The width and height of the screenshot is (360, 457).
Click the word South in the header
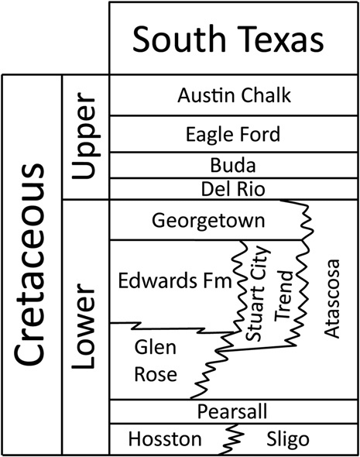coord(180,39)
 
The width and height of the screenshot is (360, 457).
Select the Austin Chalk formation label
coord(234,95)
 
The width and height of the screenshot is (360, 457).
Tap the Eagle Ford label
coord(233,134)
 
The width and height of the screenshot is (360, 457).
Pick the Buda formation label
coord(233,165)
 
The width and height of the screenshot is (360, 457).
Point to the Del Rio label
coord(233,189)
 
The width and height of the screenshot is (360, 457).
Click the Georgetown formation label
coord(208,221)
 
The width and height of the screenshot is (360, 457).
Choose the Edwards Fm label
coord(175,280)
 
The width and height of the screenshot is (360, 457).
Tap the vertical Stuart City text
coord(256,294)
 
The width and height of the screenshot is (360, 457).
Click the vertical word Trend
coord(283,296)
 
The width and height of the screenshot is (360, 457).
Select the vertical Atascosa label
coord(332,299)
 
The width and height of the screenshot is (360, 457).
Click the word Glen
coord(156,347)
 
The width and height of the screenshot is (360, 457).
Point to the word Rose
coord(156,374)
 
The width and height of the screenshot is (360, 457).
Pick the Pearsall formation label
coord(232,411)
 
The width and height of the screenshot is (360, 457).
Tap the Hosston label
coord(165,438)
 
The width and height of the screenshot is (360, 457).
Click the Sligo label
coord(288,439)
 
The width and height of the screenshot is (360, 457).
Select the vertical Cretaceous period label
coord(29,264)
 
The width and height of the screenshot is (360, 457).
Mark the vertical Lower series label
coord(83,326)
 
